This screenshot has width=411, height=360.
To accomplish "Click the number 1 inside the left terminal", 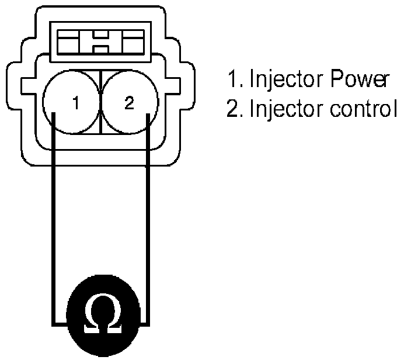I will click(75, 104).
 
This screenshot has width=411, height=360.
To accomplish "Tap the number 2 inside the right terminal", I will click(129, 103).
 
